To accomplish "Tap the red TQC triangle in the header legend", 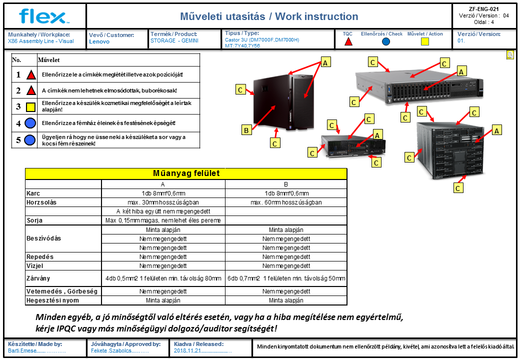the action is [348, 42].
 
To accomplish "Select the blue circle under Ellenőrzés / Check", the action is [386, 42].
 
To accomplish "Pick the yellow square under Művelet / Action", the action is [425, 41].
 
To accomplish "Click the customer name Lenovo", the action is [99, 41].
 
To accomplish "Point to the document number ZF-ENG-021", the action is [484, 9].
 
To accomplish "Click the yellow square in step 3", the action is [30, 106].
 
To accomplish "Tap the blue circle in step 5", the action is [30, 140].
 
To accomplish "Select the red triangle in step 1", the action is [31, 74].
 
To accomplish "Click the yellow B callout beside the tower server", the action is [246, 130].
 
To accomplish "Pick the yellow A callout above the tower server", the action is [325, 62].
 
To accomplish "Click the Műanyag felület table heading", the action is [186, 173].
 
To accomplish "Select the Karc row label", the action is [33, 193].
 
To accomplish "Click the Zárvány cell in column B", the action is [286, 278].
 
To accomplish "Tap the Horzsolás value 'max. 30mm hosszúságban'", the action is [163, 202].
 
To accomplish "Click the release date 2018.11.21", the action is [187, 350].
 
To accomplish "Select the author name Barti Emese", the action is [22, 350].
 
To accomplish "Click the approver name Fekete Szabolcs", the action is [111, 350].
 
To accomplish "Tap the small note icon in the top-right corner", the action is [510, 55].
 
